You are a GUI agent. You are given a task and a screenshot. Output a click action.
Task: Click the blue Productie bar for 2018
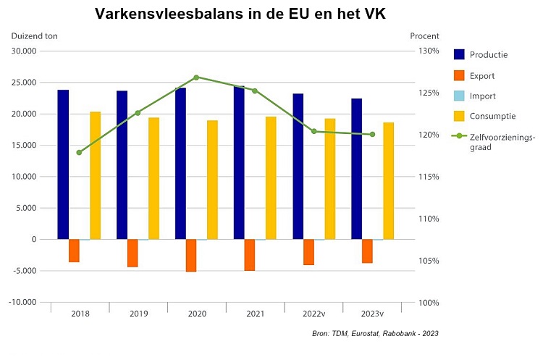coord(64,164)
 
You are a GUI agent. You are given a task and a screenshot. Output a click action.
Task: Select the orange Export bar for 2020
coord(191,255)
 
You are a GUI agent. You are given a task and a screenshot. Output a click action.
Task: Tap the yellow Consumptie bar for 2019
coord(154,178)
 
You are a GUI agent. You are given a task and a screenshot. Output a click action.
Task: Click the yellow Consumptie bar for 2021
coord(271,177)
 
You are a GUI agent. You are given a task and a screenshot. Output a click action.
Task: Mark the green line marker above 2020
coord(196,78)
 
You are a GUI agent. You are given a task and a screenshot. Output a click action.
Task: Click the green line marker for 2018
coord(79,153)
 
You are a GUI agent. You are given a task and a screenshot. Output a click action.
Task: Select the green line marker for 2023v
coord(372,134)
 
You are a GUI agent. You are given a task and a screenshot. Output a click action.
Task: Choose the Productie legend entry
coord(489,55)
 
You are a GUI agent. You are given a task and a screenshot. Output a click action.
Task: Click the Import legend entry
coord(482,96)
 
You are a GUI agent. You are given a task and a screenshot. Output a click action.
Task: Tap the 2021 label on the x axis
coord(255,314)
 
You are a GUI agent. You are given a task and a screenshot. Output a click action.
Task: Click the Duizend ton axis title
coord(34,35)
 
